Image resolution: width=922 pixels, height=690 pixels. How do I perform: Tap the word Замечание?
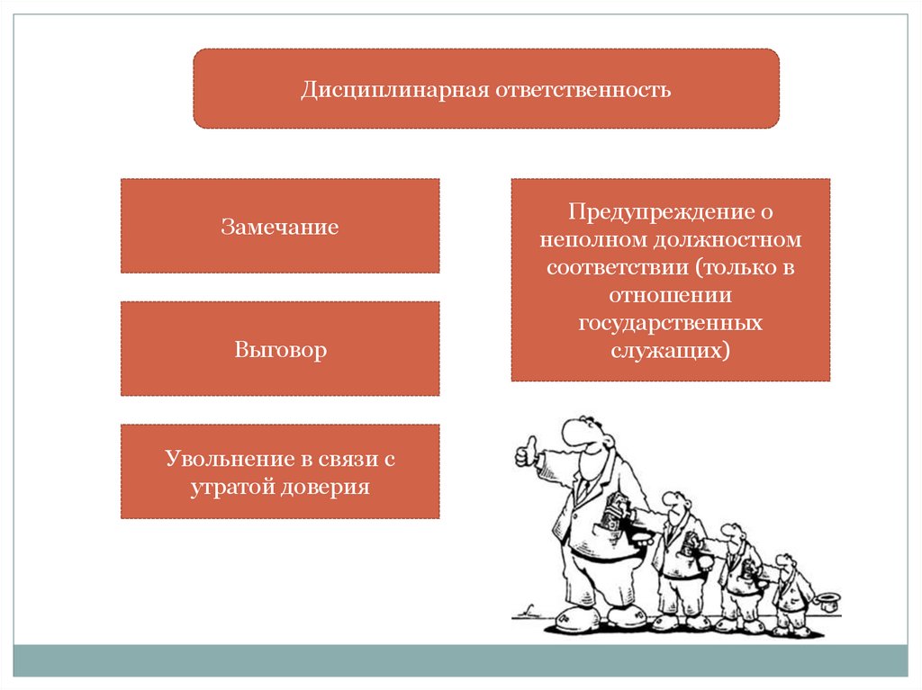280,227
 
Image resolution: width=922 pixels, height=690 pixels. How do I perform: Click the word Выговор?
280,349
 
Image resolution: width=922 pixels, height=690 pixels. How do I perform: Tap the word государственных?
671,322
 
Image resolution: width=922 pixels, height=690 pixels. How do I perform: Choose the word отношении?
671,295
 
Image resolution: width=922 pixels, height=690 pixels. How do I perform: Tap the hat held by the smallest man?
825,600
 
